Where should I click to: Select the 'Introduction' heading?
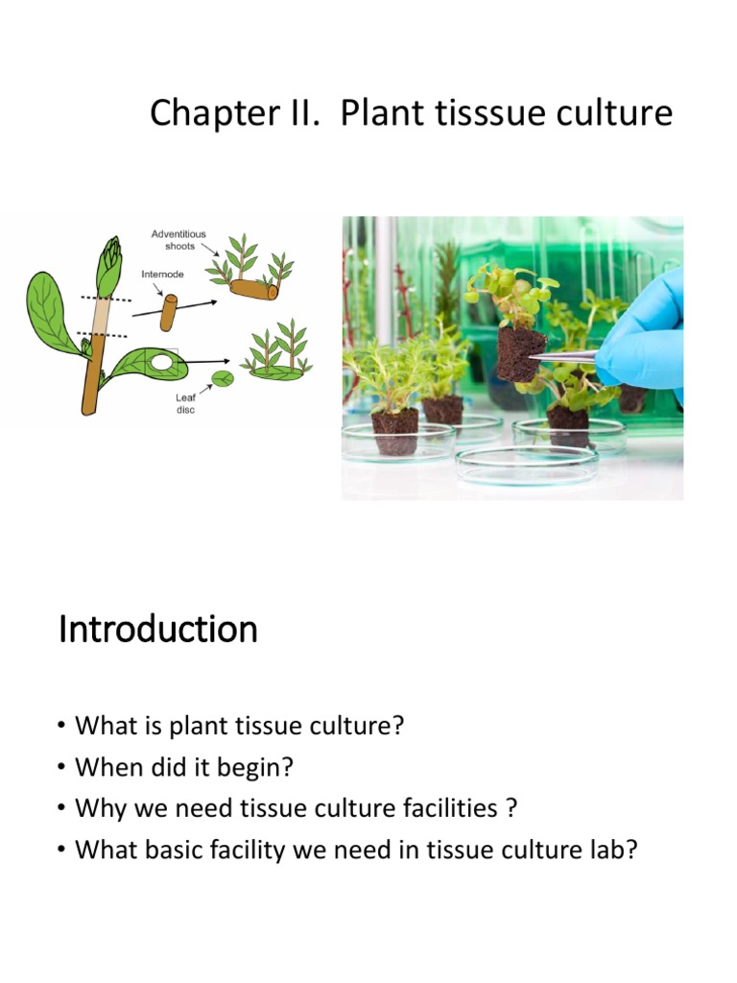[158, 630]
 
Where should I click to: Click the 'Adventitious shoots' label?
[178, 240]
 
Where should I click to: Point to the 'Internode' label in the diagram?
[163, 274]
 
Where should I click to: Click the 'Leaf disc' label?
[185, 403]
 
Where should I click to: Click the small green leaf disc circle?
[223, 378]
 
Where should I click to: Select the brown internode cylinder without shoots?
[168, 312]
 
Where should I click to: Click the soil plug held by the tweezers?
[520, 353]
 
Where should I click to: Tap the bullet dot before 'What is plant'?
[61, 727]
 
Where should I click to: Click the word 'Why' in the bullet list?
[97, 808]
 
